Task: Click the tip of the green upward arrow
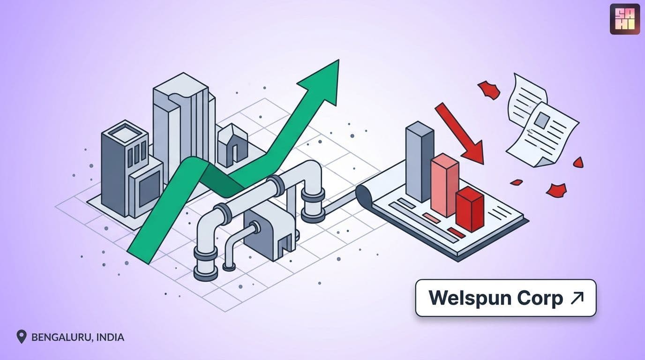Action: click(338, 60)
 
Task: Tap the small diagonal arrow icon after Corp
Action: click(577, 298)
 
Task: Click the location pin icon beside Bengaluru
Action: click(21, 337)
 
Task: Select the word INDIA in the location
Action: click(110, 337)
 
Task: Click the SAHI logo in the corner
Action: click(624, 19)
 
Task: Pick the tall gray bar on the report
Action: click(419, 162)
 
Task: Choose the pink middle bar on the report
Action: click(445, 185)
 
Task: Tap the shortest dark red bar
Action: click(470, 209)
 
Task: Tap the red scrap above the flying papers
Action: click(489, 90)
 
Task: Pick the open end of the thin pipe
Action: click(229, 267)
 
